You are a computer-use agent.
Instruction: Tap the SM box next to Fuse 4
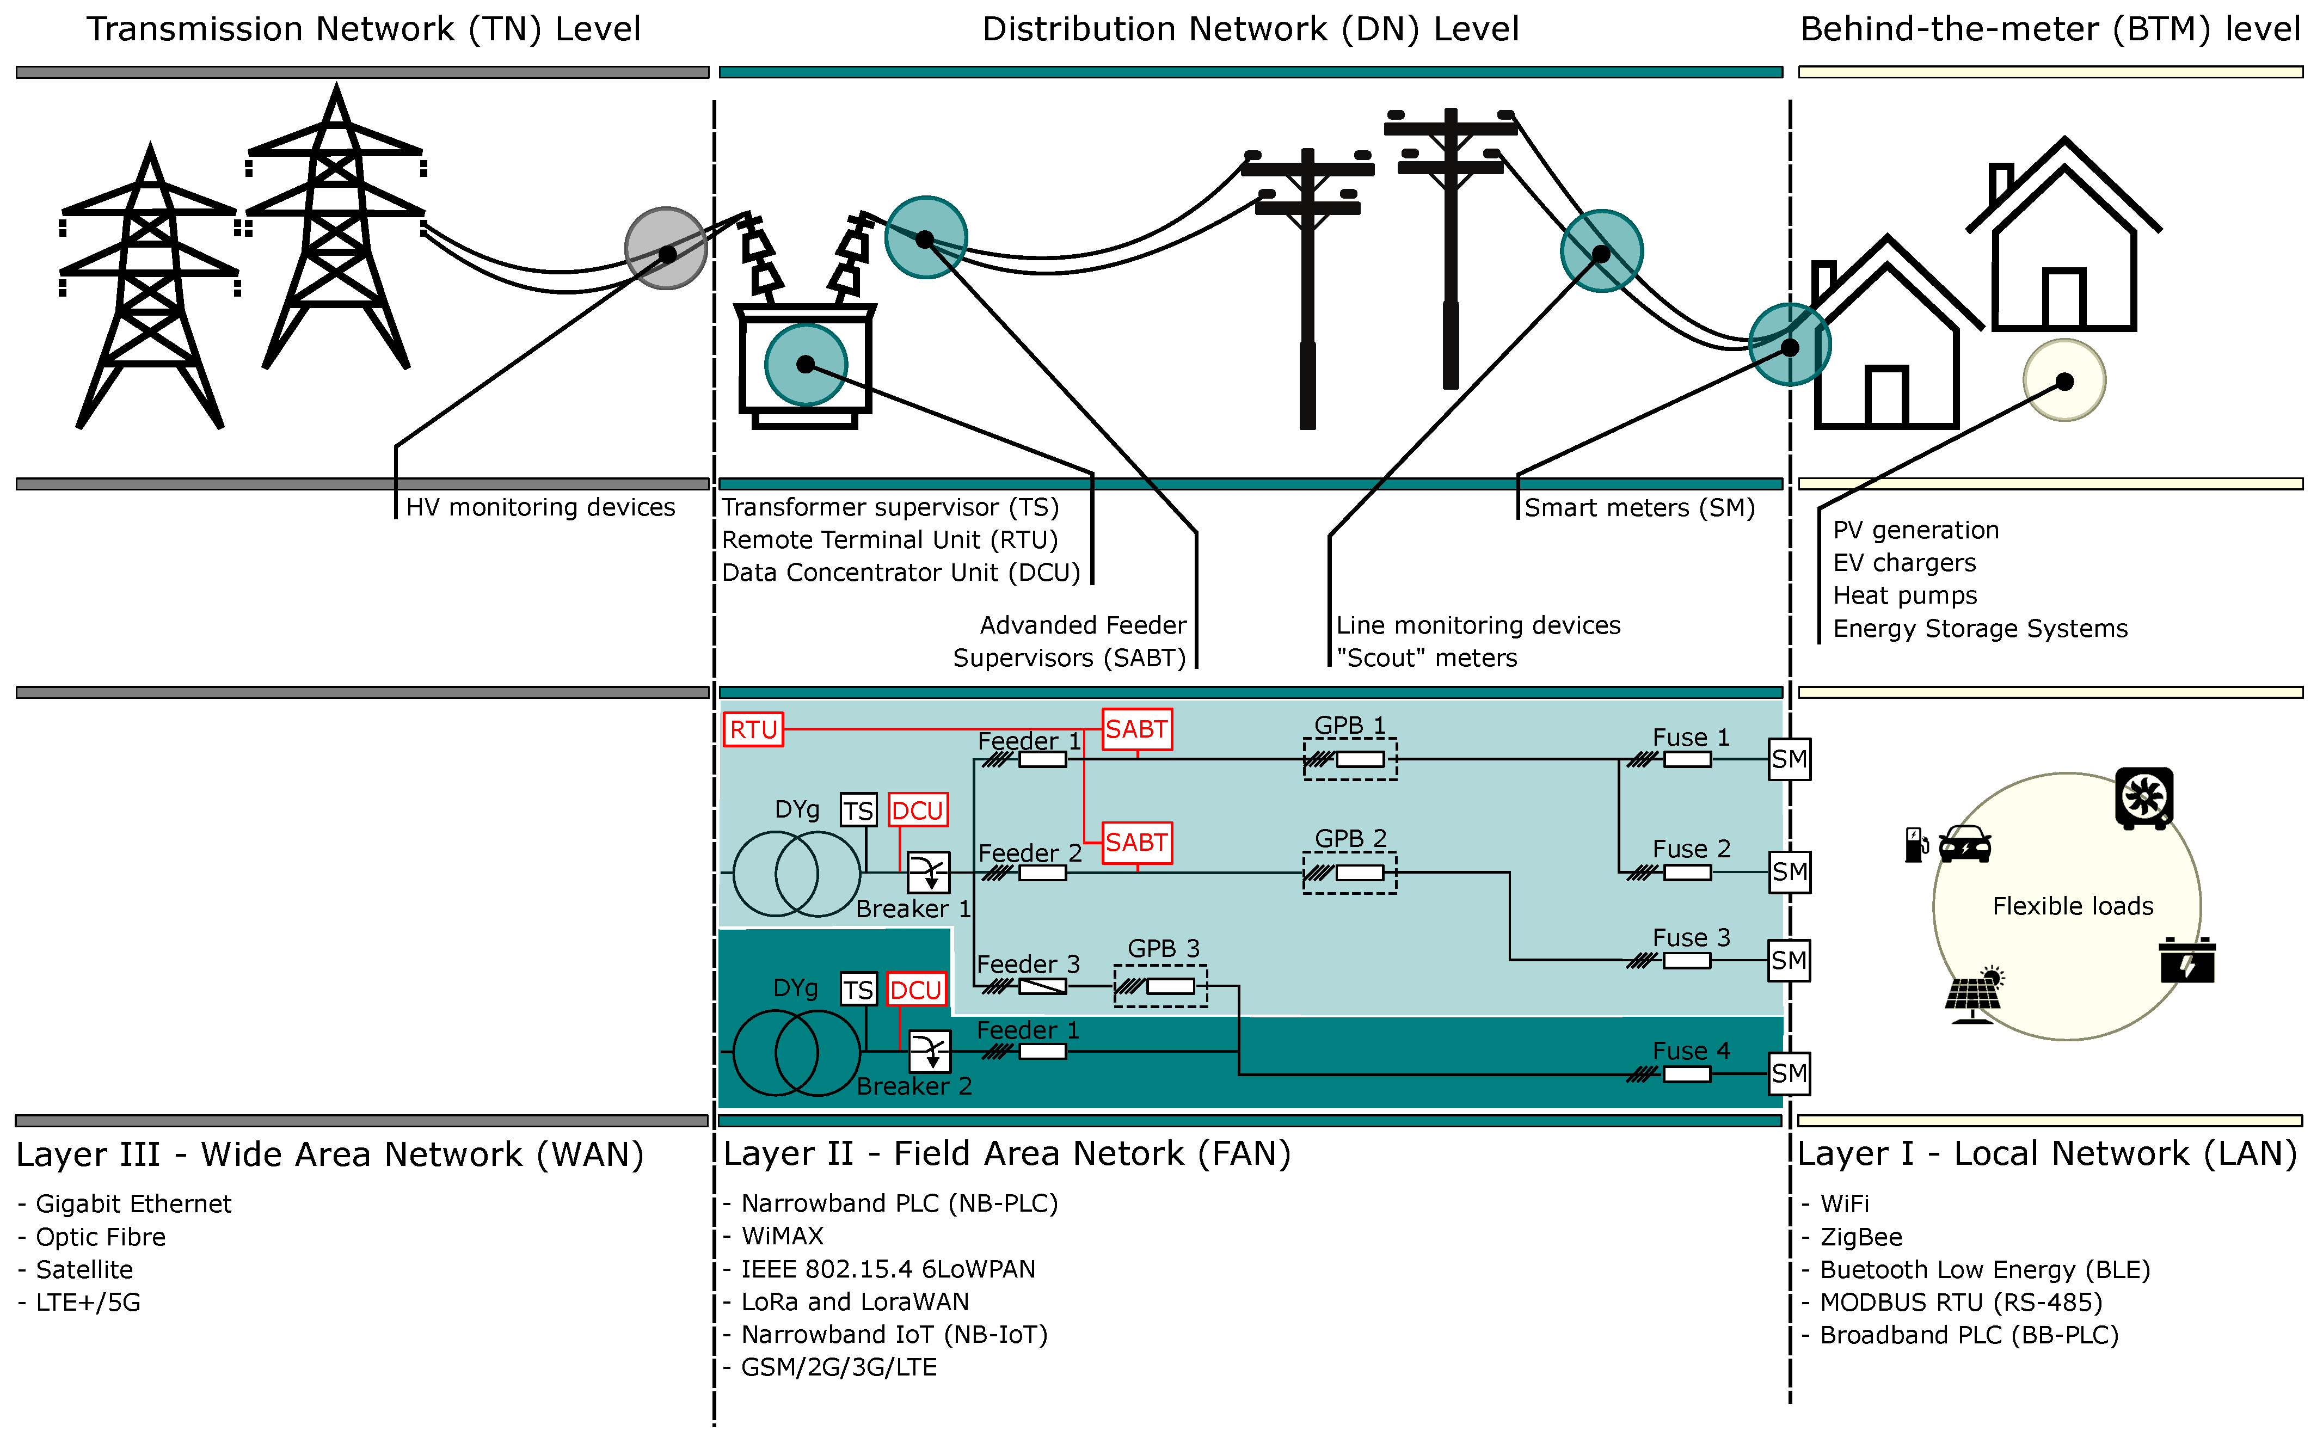1789,1074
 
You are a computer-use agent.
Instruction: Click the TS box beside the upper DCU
858,810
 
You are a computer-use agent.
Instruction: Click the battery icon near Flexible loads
2187,960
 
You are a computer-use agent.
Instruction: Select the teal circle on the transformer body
806,364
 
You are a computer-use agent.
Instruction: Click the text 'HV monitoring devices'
540,507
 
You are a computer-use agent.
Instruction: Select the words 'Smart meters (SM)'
1640,507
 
